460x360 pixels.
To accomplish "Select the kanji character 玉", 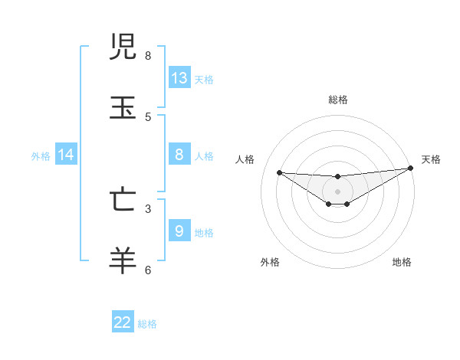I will (123, 108).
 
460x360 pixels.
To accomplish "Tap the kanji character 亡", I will (123, 199).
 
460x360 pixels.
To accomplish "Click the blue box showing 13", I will (179, 78).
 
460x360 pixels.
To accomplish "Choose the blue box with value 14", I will (66, 155).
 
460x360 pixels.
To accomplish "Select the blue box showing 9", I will (179, 231).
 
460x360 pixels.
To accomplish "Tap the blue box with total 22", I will (123, 322).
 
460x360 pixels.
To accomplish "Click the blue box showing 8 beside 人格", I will (179, 155).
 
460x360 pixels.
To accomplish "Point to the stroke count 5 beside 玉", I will (148, 116).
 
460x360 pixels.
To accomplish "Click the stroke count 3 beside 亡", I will (148, 208).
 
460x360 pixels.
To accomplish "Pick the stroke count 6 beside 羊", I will (148, 270).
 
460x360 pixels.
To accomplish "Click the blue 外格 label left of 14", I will (41, 155).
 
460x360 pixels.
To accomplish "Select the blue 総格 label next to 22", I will (147, 324).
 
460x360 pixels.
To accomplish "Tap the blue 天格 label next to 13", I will (204, 79).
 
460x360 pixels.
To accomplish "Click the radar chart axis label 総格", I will (338, 100).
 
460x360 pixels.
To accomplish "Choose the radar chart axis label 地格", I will (402, 262).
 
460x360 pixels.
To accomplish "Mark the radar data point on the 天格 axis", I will (411, 169).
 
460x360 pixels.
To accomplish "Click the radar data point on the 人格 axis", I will (279, 172).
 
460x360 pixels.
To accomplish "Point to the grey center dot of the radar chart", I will (337, 191).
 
